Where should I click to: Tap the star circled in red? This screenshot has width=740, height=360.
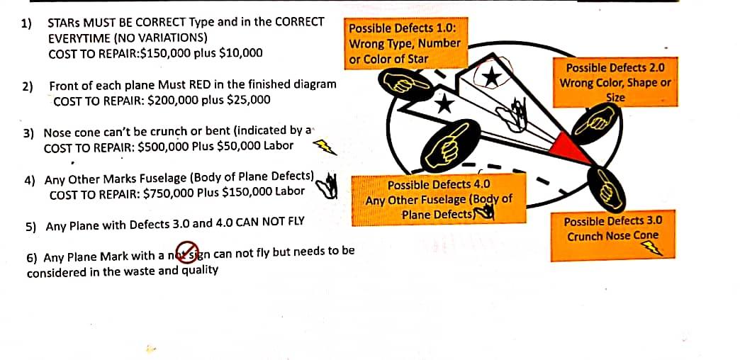(491, 77)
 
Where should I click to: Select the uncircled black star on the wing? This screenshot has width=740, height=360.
(443, 103)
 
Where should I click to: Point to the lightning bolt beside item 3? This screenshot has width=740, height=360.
(325, 147)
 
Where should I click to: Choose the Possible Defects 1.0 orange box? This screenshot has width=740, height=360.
(405, 43)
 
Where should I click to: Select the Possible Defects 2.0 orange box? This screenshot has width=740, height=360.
(615, 82)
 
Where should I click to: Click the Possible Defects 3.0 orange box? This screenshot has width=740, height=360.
(612, 235)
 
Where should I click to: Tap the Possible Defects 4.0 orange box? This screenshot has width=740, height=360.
(439, 198)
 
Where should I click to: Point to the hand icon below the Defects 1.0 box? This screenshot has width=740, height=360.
(405, 84)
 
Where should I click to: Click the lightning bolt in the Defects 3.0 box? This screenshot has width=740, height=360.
(652, 248)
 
